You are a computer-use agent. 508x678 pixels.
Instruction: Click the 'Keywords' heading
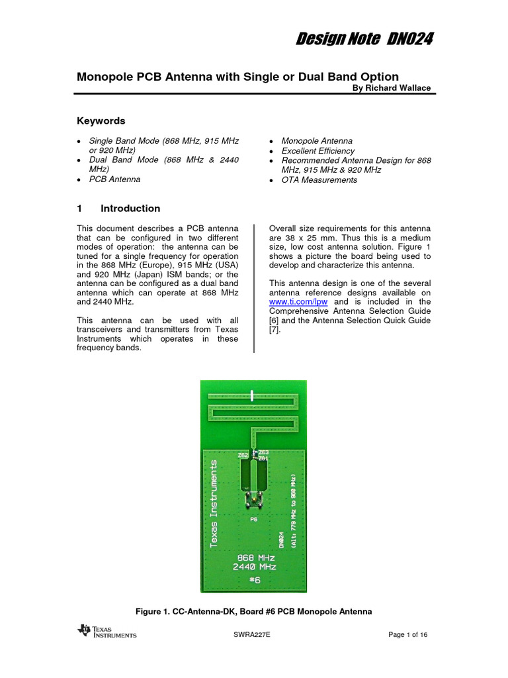tap(101, 121)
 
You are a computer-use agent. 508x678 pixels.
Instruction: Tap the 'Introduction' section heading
tap(130, 208)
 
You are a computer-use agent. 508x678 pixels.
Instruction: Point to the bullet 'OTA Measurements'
tap(319, 179)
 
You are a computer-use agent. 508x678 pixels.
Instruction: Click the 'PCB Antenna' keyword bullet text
tap(114, 179)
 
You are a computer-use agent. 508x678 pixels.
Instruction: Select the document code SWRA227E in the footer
tap(252, 635)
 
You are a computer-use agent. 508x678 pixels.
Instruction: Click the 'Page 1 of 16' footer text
tap(407, 635)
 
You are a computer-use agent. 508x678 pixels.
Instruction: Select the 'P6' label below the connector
tap(253, 520)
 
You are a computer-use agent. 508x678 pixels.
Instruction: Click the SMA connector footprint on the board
tap(253, 502)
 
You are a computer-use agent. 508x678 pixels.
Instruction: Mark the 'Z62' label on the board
tap(243, 456)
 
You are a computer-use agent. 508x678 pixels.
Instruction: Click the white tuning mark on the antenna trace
tap(253, 395)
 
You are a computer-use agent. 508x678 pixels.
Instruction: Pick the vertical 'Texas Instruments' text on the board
tap(213, 504)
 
